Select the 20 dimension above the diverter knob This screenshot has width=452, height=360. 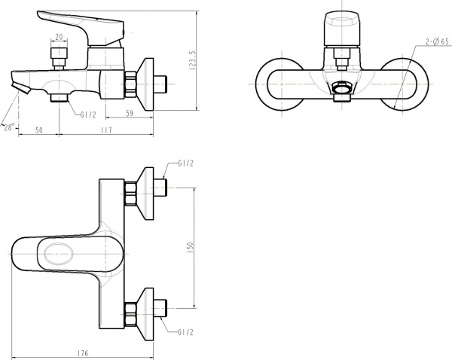(x=59, y=38)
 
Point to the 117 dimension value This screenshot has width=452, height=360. (x=105, y=131)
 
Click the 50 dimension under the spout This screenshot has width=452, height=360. (x=38, y=131)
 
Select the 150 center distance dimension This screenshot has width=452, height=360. (x=191, y=247)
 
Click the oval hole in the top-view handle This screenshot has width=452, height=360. (x=58, y=255)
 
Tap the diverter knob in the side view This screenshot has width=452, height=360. (x=59, y=56)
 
